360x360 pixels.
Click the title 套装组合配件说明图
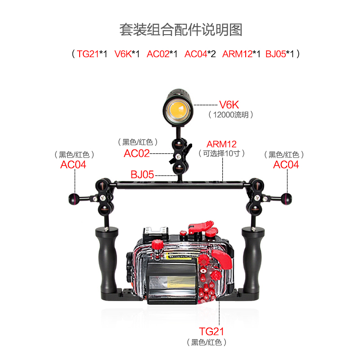(x=180, y=30)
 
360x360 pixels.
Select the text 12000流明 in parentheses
(x=231, y=115)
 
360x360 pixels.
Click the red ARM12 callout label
(x=221, y=144)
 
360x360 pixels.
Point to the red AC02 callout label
(x=136, y=153)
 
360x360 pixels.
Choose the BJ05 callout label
(x=142, y=174)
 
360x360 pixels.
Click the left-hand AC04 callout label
(x=73, y=165)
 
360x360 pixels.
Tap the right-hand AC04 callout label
(x=286, y=165)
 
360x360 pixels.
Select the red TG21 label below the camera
(x=212, y=332)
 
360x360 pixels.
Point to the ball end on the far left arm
(x=72, y=197)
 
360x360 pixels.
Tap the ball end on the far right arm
(x=287, y=197)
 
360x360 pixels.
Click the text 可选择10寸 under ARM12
(x=221, y=153)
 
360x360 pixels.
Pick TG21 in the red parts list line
(x=87, y=54)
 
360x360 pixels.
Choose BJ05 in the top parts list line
(x=275, y=54)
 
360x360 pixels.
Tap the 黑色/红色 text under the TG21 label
(x=207, y=342)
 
